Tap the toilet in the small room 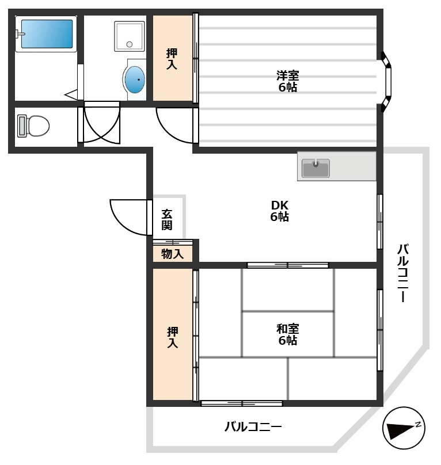tap(33, 126)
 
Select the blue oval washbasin tap(135, 79)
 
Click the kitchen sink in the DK tap(315, 167)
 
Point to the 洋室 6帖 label tap(287, 81)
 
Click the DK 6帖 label tap(280, 211)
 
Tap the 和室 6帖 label tap(287, 334)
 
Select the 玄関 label tap(167, 219)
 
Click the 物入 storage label tap(172, 254)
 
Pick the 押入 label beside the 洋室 tap(172, 59)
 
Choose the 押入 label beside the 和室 tap(172, 337)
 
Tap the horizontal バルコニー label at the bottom tap(253, 427)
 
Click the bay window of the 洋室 tap(387, 81)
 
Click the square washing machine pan tap(130, 36)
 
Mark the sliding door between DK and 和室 tap(287, 265)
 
